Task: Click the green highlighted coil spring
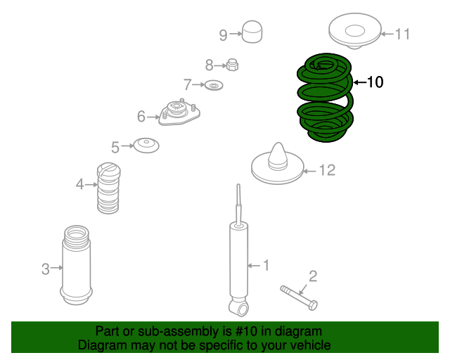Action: point(326,98)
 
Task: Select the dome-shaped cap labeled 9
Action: point(252,32)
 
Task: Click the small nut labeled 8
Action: point(233,65)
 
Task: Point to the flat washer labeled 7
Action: point(214,85)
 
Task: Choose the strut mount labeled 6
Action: point(178,113)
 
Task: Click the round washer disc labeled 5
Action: point(146,146)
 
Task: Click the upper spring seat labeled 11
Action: point(354,33)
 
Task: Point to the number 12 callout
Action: point(327,170)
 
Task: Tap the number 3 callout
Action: point(45,268)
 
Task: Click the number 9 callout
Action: point(223,34)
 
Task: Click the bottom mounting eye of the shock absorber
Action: point(240,307)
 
